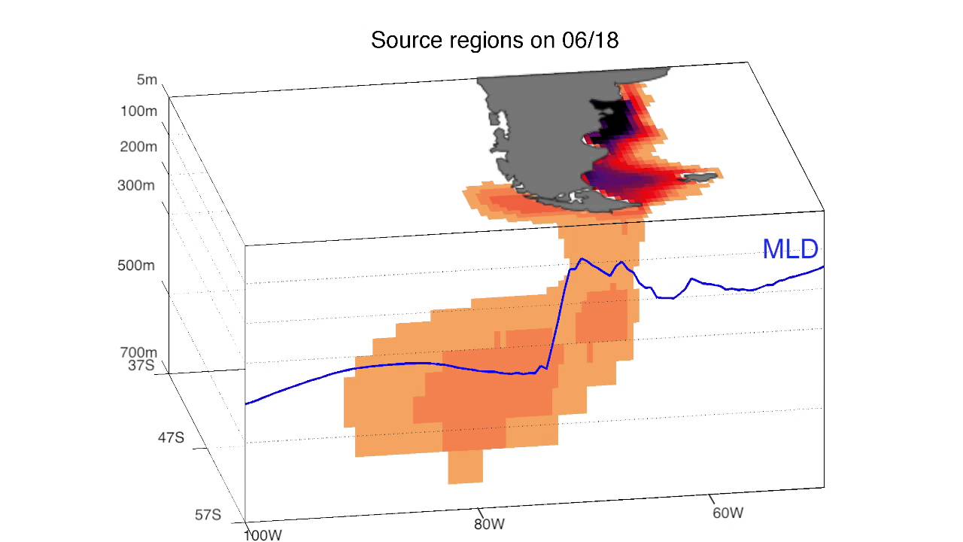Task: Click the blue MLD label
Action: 789,249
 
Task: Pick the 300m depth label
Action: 136,185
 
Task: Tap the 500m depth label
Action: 136,266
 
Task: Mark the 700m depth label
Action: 138,352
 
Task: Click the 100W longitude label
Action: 263,535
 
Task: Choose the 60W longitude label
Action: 728,513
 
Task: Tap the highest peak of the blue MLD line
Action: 582,260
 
